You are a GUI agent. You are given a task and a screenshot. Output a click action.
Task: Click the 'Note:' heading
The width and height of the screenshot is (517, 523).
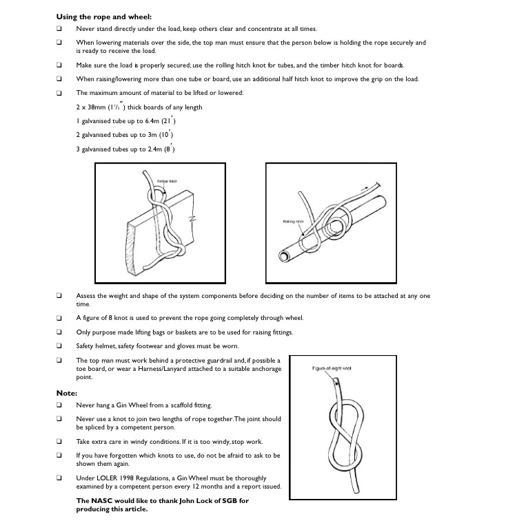[x=66, y=393]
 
